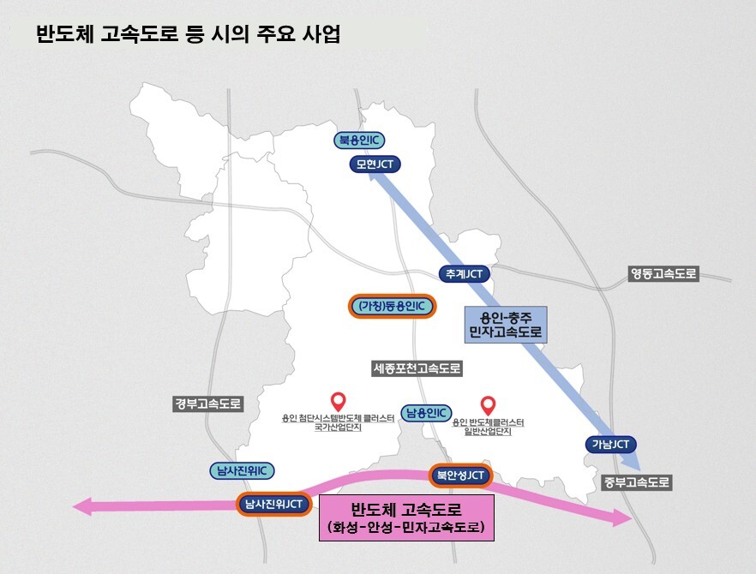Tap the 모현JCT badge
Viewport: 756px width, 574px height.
[375, 164]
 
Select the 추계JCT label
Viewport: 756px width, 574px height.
[465, 274]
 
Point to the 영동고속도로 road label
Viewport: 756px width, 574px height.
[663, 274]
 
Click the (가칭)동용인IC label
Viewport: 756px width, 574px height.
[392, 306]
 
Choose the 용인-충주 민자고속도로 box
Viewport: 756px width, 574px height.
[506, 324]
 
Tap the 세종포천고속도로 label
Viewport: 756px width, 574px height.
[417, 369]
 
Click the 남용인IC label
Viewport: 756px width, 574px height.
[427, 412]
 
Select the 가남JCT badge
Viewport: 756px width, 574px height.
[610, 444]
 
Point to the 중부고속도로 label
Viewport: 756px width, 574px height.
[636, 481]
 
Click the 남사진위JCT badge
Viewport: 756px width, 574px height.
[272, 503]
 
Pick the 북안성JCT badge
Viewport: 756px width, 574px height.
[460, 475]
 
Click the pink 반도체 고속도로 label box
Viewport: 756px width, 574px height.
[406, 517]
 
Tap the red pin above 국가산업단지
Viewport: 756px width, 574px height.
[338, 400]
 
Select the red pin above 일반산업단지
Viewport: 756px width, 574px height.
[489, 404]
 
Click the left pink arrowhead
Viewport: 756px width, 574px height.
[83, 507]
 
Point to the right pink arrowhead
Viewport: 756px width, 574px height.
[621, 517]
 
